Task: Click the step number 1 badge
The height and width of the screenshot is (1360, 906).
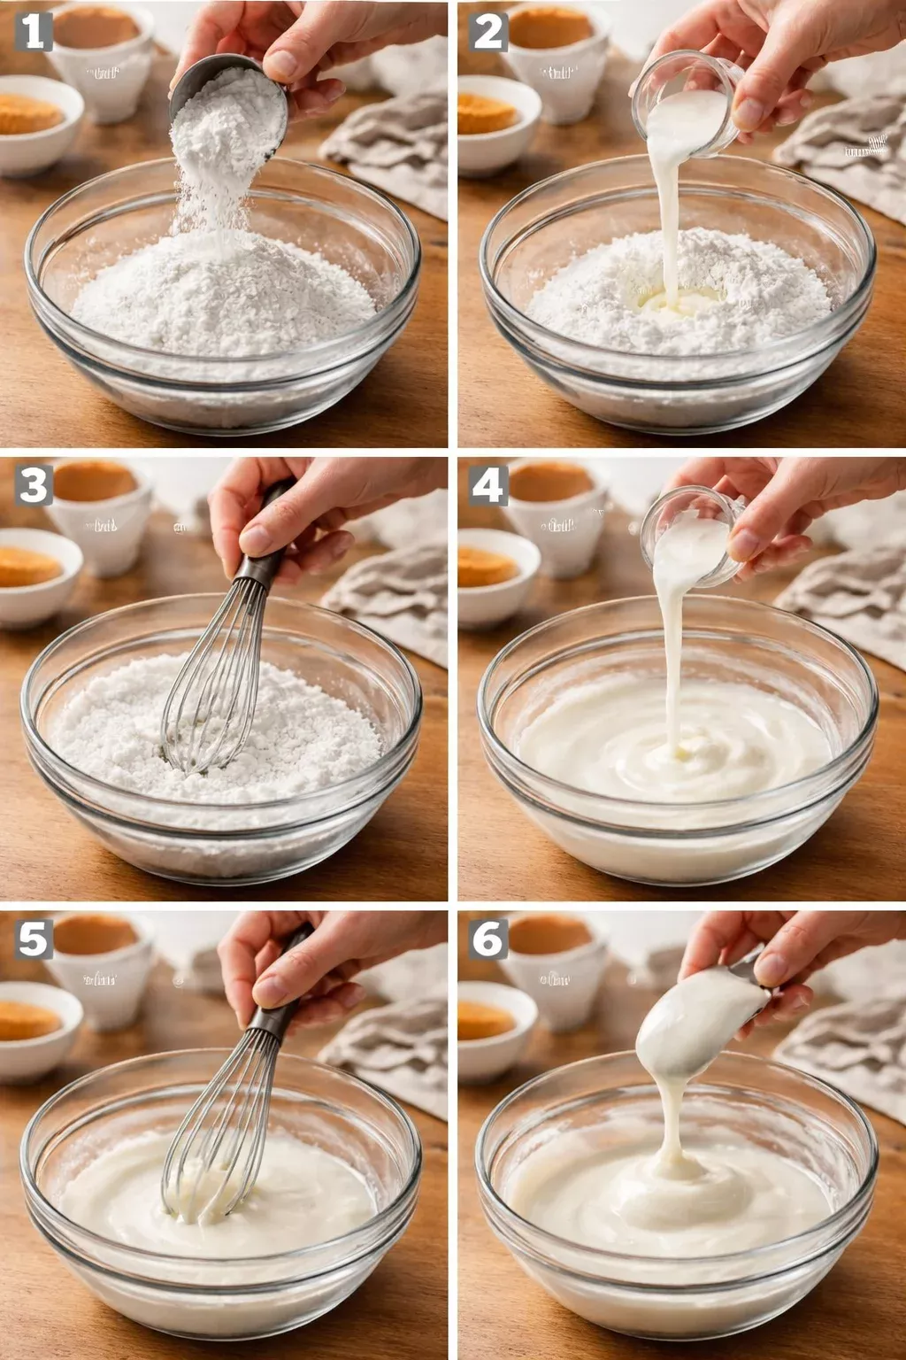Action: click(x=34, y=32)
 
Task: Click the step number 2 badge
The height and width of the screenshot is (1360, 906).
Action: click(x=488, y=32)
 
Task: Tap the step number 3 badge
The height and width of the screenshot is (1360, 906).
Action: click(x=34, y=485)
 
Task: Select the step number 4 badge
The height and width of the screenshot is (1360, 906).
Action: click(x=488, y=485)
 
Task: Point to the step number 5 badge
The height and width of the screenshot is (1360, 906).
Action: click(x=34, y=939)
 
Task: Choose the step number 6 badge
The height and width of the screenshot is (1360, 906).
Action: click(x=488, y=939)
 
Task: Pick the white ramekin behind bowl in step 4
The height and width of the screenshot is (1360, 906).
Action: click(x=557, y=522)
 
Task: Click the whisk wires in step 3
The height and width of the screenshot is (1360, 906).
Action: click(x=212, y=691)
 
